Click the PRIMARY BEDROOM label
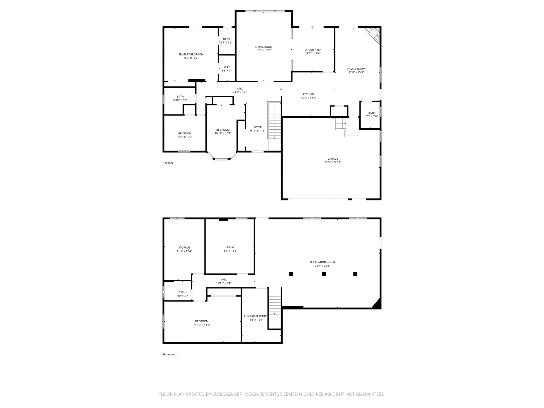point(191,54)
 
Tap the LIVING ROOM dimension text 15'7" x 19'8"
point(264,50)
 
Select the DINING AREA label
point(313,50)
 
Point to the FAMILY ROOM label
point(356,69)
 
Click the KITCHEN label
point(308,94)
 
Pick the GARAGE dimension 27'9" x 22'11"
point(333,162)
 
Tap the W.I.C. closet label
point(227,67)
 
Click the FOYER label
point(257,127)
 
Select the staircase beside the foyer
point(274,121)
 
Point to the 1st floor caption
point(168,163)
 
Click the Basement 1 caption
point(170,354)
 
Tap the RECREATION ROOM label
point(322,262)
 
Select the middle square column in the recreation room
point(324,274)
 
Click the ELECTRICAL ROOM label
point(255,316)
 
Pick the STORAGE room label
point(184,248)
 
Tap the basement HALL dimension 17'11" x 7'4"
point(223,283)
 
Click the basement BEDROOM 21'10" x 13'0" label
point(202,321)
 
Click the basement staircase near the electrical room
point(275,305)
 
